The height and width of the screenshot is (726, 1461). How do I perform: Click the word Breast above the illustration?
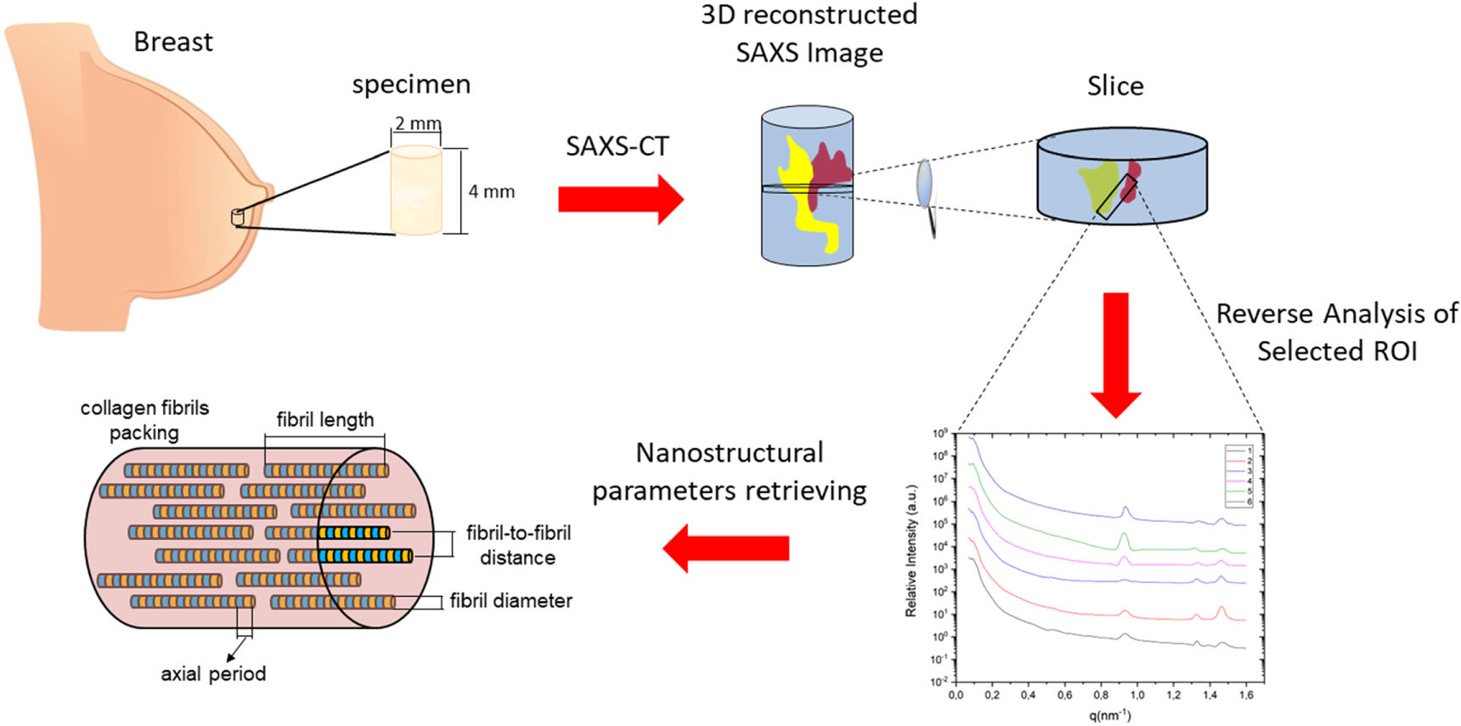click(x=173, y=42)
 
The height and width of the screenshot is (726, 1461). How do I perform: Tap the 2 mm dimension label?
click(x=417, y=124)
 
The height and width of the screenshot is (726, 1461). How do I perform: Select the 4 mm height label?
click(x=492, y=192)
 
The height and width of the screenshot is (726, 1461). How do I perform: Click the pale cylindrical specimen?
click(x=415, y=190)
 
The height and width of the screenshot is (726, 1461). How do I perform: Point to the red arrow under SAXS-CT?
click(x=620, y=199)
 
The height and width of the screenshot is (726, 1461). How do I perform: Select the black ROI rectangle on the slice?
click(x=1116, y=197)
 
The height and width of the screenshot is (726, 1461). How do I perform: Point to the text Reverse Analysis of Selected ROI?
click(x=1336, y=332)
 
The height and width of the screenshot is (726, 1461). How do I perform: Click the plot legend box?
click(x=1238, y=475)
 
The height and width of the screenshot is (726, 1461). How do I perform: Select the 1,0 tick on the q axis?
click(x=1137, y=695)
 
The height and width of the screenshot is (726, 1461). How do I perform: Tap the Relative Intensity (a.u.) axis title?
click(x=911, y=551)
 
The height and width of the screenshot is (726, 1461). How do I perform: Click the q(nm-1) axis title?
click(x=1110, y=715)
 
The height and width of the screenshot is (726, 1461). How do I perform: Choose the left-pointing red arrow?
click(x=725, y=548)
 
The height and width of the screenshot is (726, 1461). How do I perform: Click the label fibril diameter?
click(x=511, y=601)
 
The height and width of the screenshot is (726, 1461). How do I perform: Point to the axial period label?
click(x=213, y=674)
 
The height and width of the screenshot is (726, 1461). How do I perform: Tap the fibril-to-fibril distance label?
click(x=517, y=545)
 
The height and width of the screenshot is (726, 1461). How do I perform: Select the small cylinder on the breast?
click(x=238, y=218)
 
